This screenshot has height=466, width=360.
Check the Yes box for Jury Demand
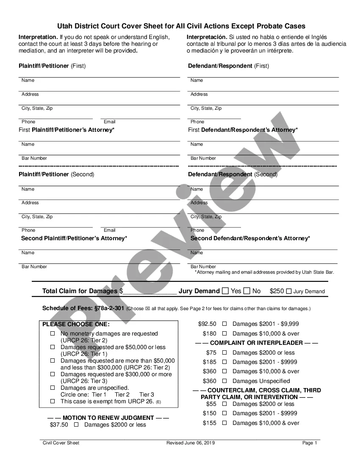point(225,291)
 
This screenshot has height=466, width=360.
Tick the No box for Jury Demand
point(247,291)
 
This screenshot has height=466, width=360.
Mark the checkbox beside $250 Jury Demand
point(289,291)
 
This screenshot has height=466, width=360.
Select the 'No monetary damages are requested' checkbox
point(53,334)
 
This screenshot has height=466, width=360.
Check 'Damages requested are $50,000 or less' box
point(53,347)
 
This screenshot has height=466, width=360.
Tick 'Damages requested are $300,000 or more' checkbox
point(53,374)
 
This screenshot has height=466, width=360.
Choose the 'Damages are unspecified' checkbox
point(53,388)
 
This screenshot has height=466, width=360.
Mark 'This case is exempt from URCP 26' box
point(53,401)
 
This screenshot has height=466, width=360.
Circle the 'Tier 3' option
point(147,394)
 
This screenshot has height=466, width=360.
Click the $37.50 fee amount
point(59,424)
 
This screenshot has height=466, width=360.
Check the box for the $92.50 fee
point(224,324)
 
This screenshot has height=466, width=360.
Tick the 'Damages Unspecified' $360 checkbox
point(224,381)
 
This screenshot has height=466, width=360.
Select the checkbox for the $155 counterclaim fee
point(224,423)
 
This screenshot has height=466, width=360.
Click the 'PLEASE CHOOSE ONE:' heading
point(76,325)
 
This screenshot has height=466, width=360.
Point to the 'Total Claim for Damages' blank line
point(150,291)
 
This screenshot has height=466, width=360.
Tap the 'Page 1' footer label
point(310,443)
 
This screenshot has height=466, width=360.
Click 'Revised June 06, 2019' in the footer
point(191,443)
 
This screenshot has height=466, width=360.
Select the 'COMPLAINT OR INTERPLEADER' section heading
point(256,343)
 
